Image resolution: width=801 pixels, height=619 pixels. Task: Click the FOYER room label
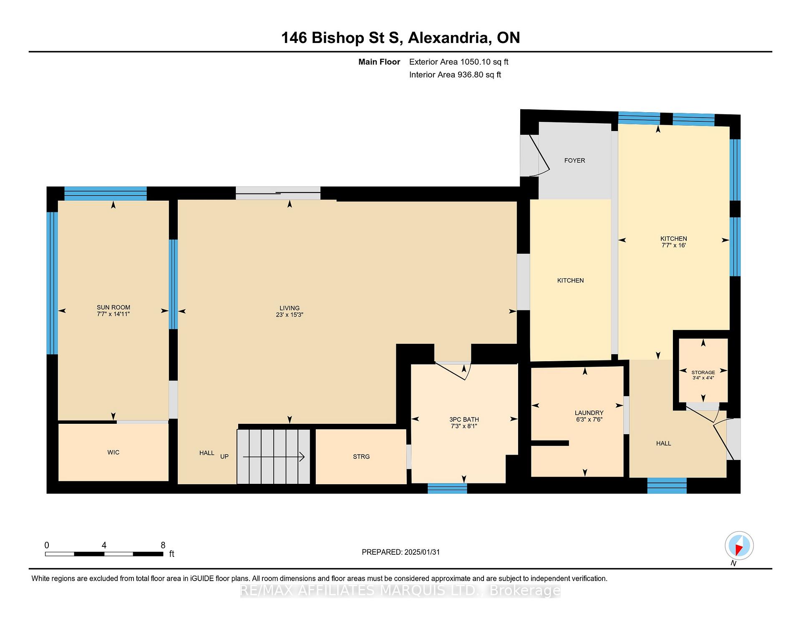pos(574,160)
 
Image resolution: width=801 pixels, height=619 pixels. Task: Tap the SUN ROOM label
pos(113,307)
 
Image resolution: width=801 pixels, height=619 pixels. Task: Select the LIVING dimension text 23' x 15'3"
pos(290,315)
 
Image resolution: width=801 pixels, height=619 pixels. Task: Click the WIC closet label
pos(113,452)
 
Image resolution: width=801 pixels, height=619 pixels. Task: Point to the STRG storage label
pos(361,456)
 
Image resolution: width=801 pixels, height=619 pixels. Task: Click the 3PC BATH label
pos(464,420)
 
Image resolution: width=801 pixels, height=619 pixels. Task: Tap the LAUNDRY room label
pos(589,413)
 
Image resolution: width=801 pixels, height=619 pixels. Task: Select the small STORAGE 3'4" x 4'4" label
pos(703,375)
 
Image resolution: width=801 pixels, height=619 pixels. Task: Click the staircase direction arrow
pos(274,457)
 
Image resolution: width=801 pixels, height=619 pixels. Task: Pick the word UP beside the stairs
pos(224,456)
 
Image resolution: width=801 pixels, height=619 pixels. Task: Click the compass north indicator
pos(739,546)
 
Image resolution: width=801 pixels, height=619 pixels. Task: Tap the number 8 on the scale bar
pos(163,545)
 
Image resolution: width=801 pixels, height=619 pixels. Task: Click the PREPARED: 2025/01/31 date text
pos(401,552)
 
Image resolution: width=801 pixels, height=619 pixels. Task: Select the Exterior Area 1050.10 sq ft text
pos(459,62)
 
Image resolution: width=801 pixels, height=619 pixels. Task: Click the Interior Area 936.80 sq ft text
pos(455,75)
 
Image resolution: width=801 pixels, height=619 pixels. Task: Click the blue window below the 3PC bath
pos(448,488)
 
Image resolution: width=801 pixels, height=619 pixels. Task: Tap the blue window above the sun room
pos(106,194)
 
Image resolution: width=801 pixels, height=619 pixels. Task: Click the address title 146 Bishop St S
pos(342,38)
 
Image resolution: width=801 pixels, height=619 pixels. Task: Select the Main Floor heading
pos(379,62)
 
